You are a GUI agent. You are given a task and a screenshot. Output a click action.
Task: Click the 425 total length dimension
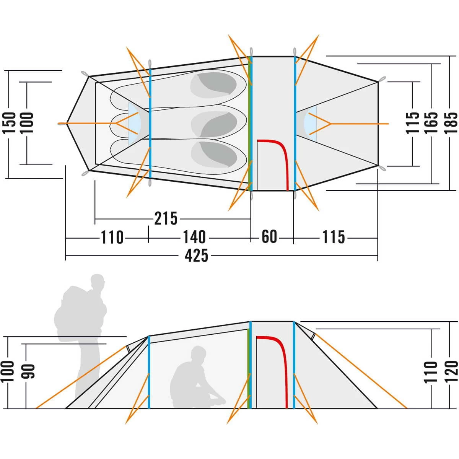[197, 256]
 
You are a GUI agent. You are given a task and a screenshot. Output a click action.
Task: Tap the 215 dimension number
[166, 219]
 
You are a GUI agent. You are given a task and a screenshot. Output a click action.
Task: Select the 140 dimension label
[194, 238]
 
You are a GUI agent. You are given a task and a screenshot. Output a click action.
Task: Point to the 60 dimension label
[269, 237]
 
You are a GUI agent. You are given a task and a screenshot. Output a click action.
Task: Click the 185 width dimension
[451, 122]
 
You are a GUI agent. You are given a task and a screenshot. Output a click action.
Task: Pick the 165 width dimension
[432, 122]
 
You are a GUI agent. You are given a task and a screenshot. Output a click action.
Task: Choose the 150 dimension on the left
[9, 123]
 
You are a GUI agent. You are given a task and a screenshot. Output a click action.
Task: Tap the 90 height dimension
[29, 371]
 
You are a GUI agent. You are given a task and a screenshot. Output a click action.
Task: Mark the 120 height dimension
[451, 371]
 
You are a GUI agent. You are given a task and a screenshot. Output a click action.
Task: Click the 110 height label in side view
[431, 371]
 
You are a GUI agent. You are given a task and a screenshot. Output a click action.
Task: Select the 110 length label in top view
[112, 238]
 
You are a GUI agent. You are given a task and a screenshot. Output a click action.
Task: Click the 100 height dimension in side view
[9, 371]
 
